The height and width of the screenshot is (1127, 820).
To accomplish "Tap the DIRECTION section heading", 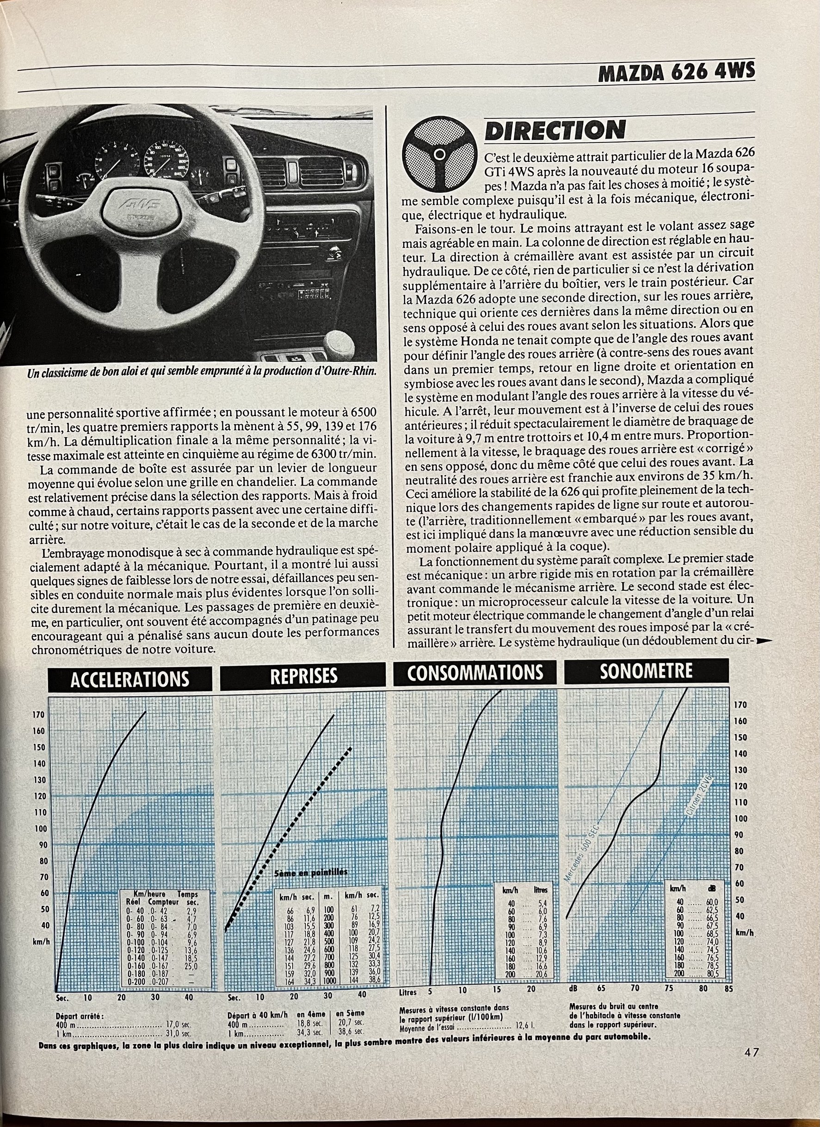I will click(555, 130).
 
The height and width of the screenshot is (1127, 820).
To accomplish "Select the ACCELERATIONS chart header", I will click(129, 679).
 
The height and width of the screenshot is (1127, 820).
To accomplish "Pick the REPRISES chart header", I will click(303, 675).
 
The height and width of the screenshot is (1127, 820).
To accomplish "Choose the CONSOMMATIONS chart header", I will click(475, 672).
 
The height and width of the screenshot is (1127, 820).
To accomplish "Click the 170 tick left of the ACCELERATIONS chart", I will click(39, 714).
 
